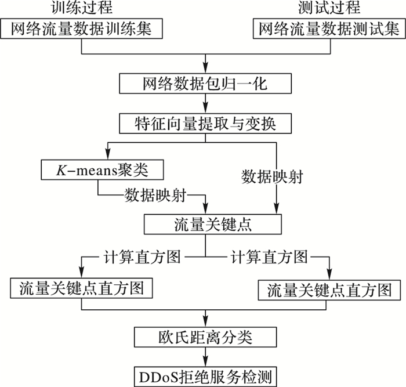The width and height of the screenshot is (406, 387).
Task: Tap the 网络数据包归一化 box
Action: (205, 84)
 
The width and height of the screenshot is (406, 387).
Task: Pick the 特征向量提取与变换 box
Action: (205, 123)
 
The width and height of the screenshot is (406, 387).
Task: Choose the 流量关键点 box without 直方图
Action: (205, 223)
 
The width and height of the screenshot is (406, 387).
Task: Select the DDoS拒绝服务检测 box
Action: (205, 374)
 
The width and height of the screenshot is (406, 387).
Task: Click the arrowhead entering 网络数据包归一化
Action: (205, 70)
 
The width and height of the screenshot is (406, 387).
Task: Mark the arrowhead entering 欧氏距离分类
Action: (205, 322)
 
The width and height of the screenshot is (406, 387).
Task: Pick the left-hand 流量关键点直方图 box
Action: (82, 288)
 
